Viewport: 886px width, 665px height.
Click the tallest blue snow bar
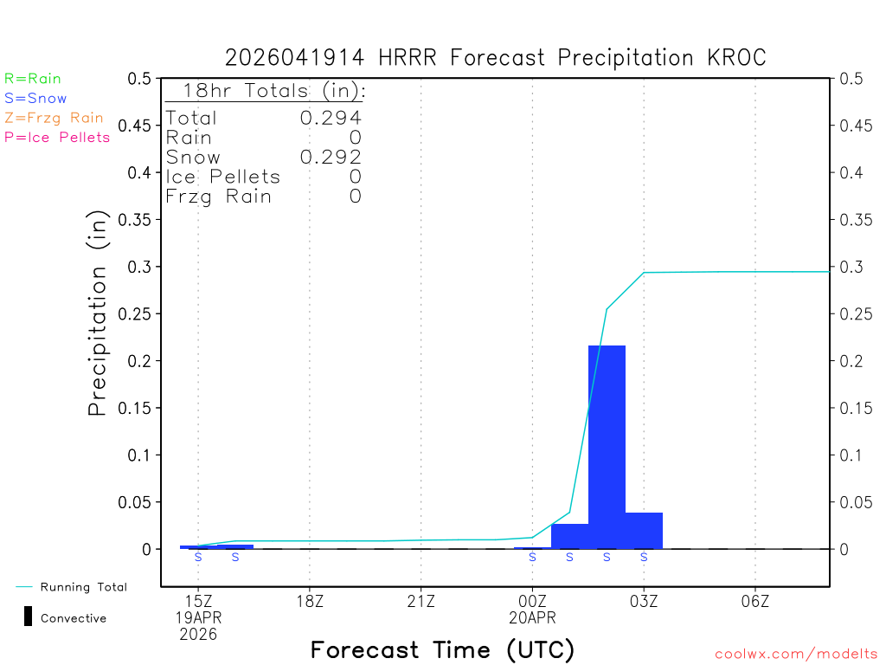[x=607, y=446]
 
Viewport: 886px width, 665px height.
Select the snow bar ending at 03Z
[x=644, y=531]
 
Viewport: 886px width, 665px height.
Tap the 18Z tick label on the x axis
[x=310, y=600]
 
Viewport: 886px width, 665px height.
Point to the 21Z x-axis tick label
[x=421, y=600]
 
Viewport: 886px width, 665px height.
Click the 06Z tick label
[x=755, y=600]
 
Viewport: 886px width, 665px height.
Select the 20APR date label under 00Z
[x=532, y=617]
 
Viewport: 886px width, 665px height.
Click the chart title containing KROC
[x=496, y=57]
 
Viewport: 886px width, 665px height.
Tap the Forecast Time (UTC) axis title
[x=442, y=649]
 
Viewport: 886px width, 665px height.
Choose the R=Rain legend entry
[x=33, y=79]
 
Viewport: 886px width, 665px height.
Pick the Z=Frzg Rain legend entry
[x=54, y=118]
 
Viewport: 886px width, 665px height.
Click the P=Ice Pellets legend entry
[x=57, y=137]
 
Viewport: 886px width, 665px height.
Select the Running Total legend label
[x=83, y=587]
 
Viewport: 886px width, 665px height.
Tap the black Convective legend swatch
[x=28, y=617]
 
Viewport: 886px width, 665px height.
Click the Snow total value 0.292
[x=331, y=157]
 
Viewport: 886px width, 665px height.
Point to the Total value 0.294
[x=331, y=118]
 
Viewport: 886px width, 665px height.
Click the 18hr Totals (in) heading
[x=273, y=91]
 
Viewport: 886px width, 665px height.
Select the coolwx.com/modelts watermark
[x=796, y=655]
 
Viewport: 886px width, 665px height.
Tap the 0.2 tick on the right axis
[x=850, y=360]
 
